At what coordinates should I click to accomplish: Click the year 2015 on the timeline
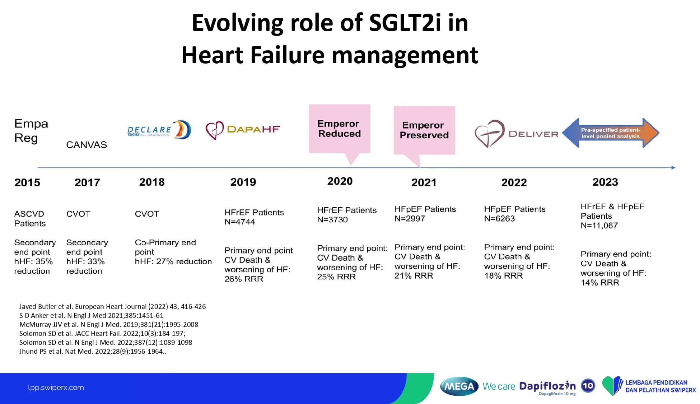[x=27, y=182]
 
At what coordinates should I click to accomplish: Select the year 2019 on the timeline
[x=243, y=182]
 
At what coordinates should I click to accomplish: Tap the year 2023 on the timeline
[x=605, y=182]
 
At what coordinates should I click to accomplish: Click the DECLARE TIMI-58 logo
[x=159, y=130]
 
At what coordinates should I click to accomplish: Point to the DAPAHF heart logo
[x=215, y=130]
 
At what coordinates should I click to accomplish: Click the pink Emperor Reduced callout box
[x=340, y=129]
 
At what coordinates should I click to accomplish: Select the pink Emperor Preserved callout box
[x=424, y=130]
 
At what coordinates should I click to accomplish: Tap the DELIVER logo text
[x=533, y=134]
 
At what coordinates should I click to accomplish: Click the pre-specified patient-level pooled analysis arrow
[x=611, y=133]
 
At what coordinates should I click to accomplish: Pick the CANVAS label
[x=87, y=145]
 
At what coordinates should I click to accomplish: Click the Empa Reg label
[x=31, y=131]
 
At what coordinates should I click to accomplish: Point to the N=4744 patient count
[x=240, y=222]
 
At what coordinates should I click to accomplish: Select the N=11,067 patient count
[x=599, y=226]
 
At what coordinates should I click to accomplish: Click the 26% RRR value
[x=244, y=279]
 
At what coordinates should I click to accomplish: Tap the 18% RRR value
[x=504, y=276]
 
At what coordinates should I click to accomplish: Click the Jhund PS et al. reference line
[x=93, y=352]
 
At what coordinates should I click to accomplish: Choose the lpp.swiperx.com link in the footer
[x=56, y=387]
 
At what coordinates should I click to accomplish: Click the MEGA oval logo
[x=459, y=386]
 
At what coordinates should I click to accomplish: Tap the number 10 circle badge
[x=588, y=386]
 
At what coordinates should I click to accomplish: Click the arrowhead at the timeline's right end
[x=673, y=168]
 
